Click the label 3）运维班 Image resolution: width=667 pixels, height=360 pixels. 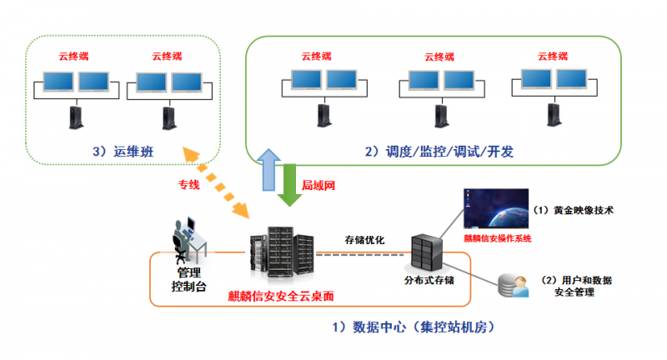[x=124, y=152]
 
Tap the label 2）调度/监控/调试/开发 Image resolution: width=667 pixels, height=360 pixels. [x=439, y=152]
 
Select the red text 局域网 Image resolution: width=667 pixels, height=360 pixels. [x=318, y=184]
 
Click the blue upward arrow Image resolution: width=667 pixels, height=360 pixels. [x=268, y=173]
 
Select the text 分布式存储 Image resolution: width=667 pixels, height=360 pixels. [x=429, y=281]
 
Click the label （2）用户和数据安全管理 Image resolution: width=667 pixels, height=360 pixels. [x=576, y=286]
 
